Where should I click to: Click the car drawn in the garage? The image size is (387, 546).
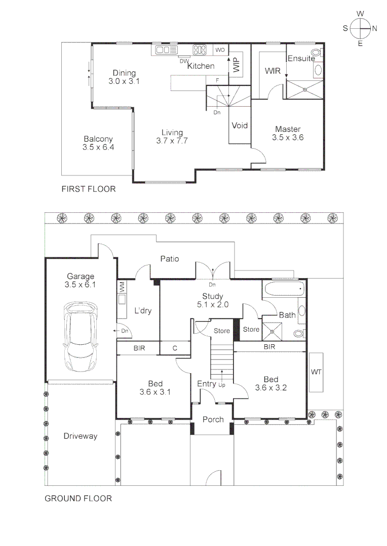tap(80, 337)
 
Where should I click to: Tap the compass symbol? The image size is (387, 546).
tap(360, 28)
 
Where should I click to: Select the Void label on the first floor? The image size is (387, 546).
tap(240, 125)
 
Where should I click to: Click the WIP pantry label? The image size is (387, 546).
tap(236, 64)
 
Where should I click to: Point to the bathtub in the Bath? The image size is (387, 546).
tap(285, 289)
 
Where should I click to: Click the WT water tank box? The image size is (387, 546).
tap(316, 372)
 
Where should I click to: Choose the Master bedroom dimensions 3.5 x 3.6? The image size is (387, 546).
tap(288, 138)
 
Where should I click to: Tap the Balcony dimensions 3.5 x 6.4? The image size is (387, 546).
tap(98, 147)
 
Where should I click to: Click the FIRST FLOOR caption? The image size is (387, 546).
tap(89, 189)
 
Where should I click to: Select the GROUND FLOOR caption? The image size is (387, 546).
tap(78, 498)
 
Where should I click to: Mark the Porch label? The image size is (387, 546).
tap(213, 420)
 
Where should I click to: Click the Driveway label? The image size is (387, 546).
tap(80, 436)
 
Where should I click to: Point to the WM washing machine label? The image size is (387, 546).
tap(122, 287)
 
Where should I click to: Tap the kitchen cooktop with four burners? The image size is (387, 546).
tap(200, 50)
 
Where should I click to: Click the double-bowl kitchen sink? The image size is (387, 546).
tap(167, 50)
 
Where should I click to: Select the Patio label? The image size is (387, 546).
tap(170, 259)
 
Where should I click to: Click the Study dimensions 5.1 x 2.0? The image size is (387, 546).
tap(213, 305)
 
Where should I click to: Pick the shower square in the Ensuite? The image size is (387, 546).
tap(304, 89)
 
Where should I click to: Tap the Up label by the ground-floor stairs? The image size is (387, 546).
tap(222, 385)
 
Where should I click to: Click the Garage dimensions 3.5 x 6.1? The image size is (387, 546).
tap(80, 285)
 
